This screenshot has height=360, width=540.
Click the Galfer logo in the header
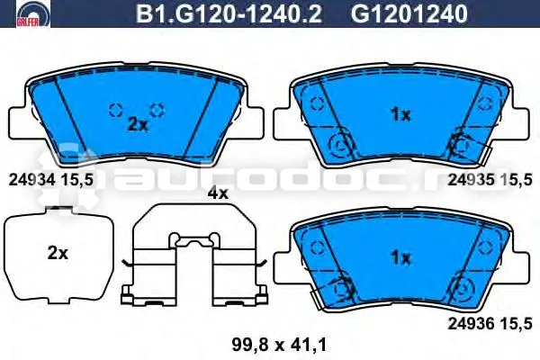coord(33,13)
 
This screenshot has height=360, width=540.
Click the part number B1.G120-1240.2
coord(229,13)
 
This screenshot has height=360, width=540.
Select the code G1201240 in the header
coord(409,13)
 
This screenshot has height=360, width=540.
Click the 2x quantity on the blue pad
coord(138,125)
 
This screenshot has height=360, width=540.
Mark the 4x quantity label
coord(218,193)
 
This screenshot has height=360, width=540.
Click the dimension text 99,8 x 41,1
coord(279,345)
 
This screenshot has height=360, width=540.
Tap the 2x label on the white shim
coord(58,254)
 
